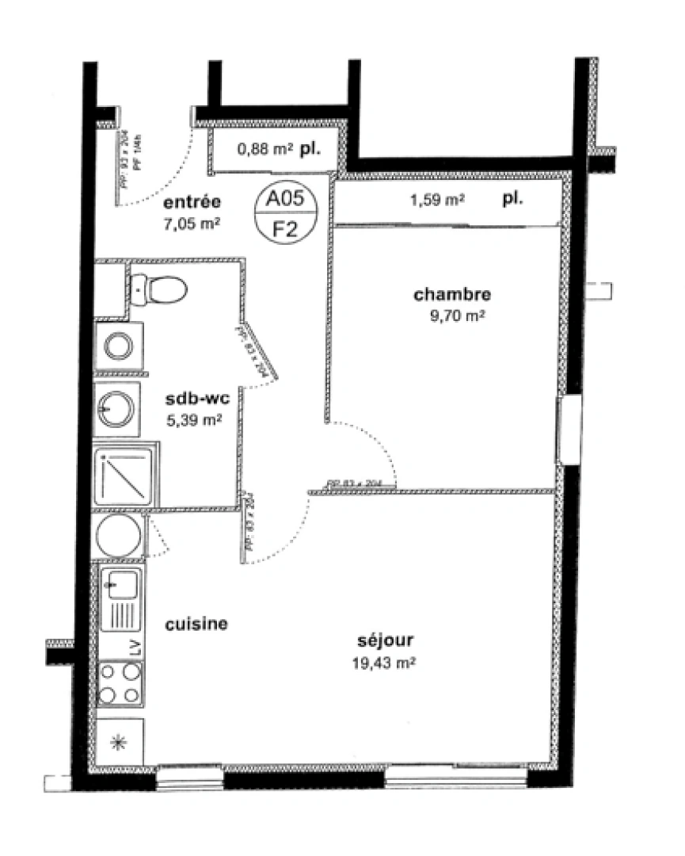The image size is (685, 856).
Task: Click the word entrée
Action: (188, 201)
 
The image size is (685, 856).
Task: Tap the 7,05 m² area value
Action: (188, 224)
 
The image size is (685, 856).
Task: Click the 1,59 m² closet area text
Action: (437, 201)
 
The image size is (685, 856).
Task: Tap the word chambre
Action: (452, 295)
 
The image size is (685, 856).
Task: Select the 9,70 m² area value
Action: (452, 316)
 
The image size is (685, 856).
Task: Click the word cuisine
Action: (196, 624)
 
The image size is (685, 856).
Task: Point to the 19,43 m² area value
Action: (385, 663)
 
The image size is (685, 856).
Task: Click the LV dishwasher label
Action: (134, 646)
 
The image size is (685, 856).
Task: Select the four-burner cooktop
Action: (120, 683)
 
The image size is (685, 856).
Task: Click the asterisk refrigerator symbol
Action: (120, 743)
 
